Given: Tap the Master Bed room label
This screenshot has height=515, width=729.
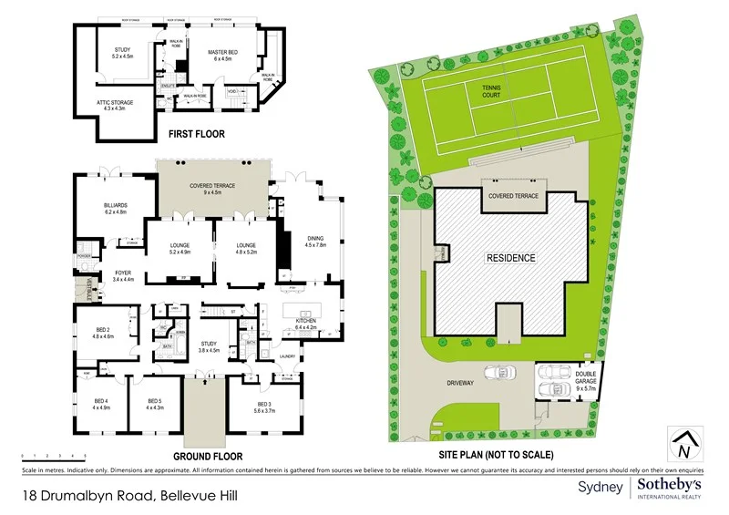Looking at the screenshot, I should tap(222, 57).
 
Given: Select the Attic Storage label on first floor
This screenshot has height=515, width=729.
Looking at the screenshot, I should tap(116, 106).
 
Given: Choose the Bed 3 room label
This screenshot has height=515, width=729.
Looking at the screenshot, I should tap(264, 407).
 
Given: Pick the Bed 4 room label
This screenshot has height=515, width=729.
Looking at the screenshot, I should tap(101, 404).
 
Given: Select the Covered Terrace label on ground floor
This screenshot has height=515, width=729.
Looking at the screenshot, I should tap(212, 189).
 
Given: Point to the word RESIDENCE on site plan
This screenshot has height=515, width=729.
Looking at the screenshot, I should tap(509, 258).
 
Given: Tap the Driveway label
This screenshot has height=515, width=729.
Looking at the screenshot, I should tap(460, 383).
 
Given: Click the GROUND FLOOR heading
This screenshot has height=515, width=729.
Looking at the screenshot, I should tap(213, 455).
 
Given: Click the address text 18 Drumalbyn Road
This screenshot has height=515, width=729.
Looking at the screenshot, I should tap(87, 496).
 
